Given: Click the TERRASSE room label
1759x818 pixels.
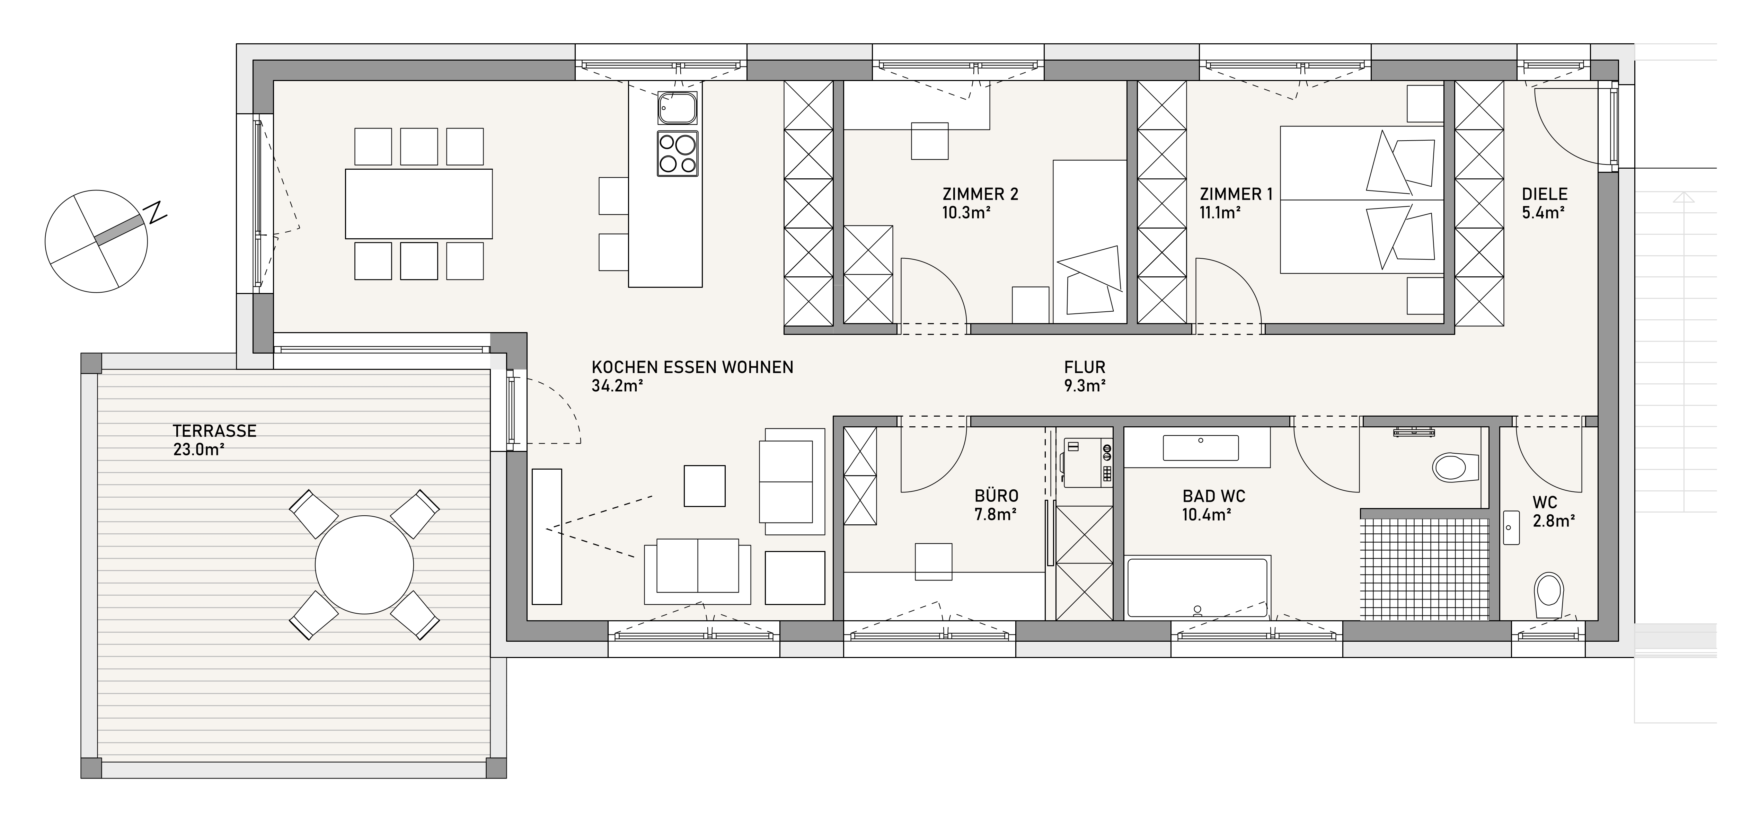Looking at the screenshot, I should (214, 431).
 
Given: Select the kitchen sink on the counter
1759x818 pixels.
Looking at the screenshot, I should (678, 108).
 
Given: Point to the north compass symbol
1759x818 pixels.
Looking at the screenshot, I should (96, 241).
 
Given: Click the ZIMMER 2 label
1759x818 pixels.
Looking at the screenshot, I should (980, 195).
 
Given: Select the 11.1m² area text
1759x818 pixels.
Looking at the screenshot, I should (1220, 212).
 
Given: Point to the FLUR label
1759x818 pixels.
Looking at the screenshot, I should (1084, 367).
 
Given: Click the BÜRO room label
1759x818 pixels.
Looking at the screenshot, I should (996, 496).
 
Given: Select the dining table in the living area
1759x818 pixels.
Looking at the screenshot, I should (418, 204).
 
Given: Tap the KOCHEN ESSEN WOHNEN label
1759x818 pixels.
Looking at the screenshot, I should (692, 367).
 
